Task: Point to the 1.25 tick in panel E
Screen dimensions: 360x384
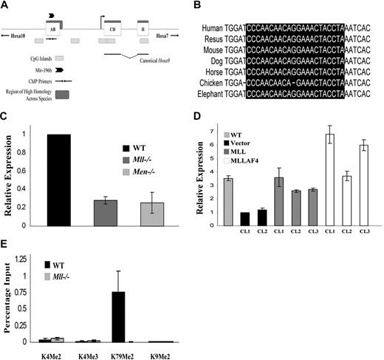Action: tap(34, 259)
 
